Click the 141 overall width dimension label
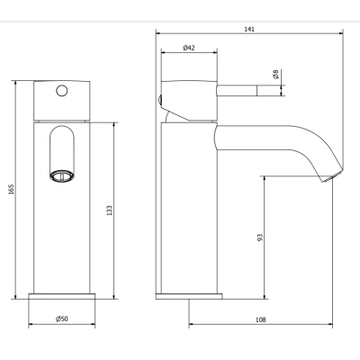tap(249, 29)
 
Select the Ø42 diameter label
tap(189, 48)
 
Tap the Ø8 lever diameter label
tap(275, 74)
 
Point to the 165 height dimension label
tap(11, 189)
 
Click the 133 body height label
tap(109, 211)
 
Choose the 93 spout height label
tap(260, 238)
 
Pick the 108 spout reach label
tap(261, 319)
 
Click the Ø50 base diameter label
tap(62, 319)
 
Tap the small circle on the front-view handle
tap(62, 91)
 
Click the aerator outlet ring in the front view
tap(61, 175)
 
